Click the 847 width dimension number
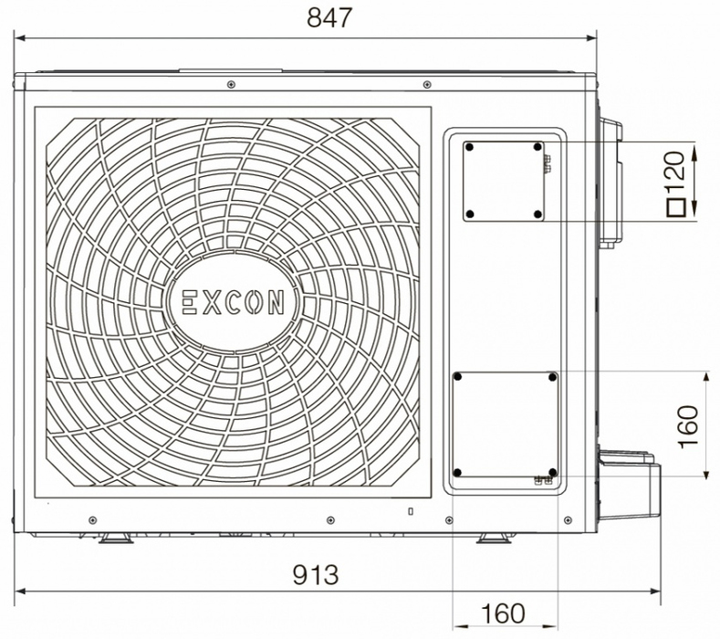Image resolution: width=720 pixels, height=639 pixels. (329, 18)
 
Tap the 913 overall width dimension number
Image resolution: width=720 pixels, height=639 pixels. (316, 575)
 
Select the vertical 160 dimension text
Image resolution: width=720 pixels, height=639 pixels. (688, 425)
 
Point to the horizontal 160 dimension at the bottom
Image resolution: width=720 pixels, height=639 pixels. (503, 613)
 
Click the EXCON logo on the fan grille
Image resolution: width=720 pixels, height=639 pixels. (233, 303)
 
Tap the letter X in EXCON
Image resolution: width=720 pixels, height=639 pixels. (212, 303)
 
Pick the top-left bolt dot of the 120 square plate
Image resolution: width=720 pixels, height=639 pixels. (469, 148)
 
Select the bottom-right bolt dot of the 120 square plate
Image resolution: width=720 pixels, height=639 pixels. (538, 215)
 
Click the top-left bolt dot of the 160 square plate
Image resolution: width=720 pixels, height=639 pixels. (457, 377)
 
